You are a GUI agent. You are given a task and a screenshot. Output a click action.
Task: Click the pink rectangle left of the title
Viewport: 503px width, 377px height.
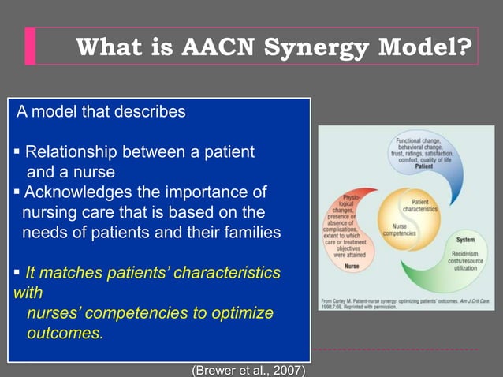[x=30, y=46]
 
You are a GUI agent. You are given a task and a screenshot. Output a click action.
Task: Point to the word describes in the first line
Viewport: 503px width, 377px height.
[x=151, y=111]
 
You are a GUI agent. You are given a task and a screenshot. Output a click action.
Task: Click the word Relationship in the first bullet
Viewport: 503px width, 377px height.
[x=76, y=151]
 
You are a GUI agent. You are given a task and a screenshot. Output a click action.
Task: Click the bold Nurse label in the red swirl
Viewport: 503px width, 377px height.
[x=352, y=266]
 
